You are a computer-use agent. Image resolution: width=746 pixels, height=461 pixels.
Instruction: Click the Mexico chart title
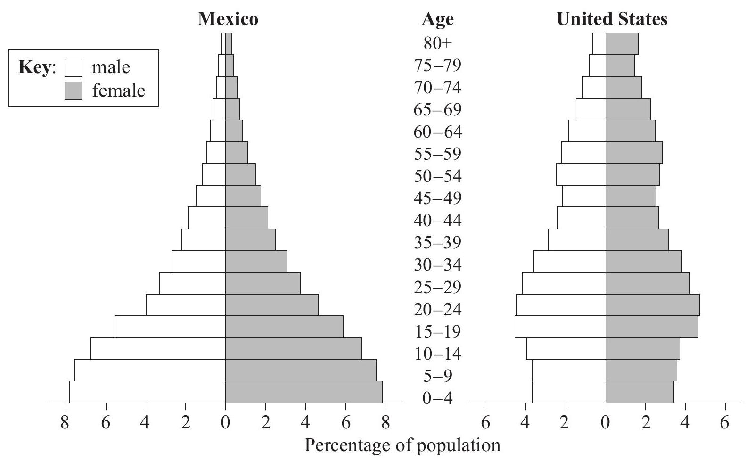click(x=228, y=19)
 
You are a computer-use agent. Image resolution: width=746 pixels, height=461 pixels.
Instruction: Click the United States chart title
click(x=612, y=19)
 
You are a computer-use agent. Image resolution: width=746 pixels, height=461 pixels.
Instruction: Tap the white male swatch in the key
click(x=73, y=67)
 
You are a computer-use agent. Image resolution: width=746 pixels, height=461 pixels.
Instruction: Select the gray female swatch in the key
click(x=73, y=91)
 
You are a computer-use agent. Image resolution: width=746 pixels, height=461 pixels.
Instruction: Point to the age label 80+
click(x=437, y=43)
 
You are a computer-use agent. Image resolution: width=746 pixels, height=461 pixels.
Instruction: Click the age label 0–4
click(x=437, y=398)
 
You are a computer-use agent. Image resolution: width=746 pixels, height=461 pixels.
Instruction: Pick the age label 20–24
click(x=437, y=310)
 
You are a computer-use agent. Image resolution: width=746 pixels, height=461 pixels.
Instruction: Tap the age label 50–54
click(x=437, y=176)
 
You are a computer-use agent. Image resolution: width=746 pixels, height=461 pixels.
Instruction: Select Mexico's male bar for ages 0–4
click(x=147, y=392)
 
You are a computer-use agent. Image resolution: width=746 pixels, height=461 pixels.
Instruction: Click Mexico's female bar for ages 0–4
click(x=304, y=392)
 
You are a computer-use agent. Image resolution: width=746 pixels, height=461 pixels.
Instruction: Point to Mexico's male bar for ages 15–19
click(x=170, y=327)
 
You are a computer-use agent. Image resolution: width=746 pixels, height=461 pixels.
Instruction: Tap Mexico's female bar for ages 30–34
click(x=256, y=261)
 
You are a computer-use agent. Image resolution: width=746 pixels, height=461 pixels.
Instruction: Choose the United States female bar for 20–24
click(x=652, y=305)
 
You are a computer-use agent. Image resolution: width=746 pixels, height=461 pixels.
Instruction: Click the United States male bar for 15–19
click(x=560, y=327)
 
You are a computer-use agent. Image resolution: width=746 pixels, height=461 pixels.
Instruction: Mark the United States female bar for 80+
click(x=622, y=44)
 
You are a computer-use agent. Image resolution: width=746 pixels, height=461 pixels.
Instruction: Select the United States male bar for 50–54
click(x=581, y=174)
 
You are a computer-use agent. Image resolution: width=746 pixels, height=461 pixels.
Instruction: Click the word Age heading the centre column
click(x=437, y=19)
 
